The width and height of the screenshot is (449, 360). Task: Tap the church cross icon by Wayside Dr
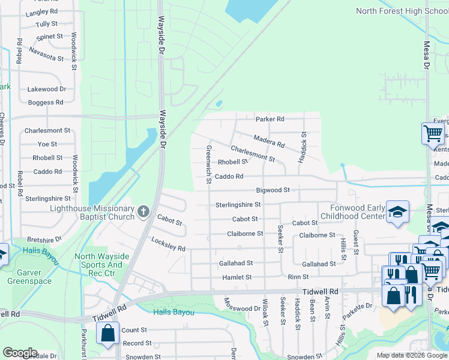(x=143, y=211)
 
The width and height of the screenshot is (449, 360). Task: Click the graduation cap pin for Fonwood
(x=397, y=212)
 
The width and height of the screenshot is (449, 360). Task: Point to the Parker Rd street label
(x=270, y=119)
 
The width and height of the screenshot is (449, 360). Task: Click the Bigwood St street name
(x=273, y=190)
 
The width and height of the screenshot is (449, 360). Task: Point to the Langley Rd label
(x=42, y=11)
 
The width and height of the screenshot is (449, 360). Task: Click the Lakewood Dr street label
(x=46, y=89)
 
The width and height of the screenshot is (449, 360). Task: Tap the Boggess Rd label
(x=46, y=103)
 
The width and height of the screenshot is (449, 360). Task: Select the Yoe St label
(x=47, y=144)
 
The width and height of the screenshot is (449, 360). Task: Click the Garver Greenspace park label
(x=29, y=276)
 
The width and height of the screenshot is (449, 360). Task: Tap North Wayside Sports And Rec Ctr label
(x=98, y=265)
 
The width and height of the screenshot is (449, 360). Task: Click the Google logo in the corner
(x=20, y=353)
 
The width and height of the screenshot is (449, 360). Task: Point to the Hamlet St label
(x=237, y=277)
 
